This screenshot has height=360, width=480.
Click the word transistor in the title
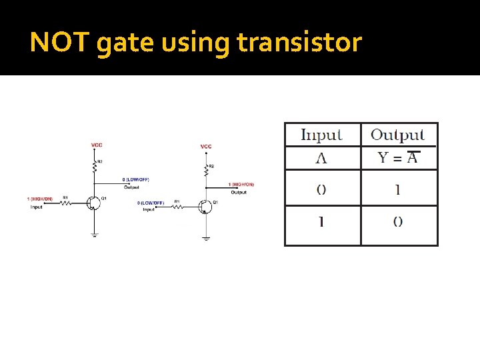(299, 43)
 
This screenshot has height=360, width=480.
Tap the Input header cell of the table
(322, 135)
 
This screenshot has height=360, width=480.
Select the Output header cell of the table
(397, 135)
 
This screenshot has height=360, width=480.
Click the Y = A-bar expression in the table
(398, 157)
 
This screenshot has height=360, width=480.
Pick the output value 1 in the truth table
(398, 189)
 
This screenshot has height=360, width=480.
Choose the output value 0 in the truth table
(398, 223)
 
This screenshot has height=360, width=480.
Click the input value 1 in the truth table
(321, 223)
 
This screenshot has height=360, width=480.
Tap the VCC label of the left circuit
(97, 145)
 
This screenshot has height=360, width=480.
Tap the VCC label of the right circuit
(206, 146)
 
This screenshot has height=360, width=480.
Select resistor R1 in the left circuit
(65, 202)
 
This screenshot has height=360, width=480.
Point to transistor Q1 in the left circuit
(91, 203)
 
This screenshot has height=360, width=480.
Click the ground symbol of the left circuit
(94, 234)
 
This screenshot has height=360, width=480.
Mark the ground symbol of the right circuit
(206, 238)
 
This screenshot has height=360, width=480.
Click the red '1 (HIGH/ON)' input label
(40, 199)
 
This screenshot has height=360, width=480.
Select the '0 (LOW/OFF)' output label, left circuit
(135, 179)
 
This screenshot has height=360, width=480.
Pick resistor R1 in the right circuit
(177, 206)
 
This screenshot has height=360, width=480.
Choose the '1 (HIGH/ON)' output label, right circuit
(241, 185)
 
